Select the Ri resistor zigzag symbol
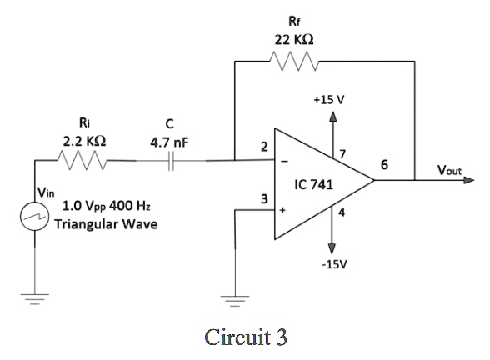tap(81, 158)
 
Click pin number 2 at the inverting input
tap(264, 146)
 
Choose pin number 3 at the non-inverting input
tap(264, 198)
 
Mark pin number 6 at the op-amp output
tap(382, 165)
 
